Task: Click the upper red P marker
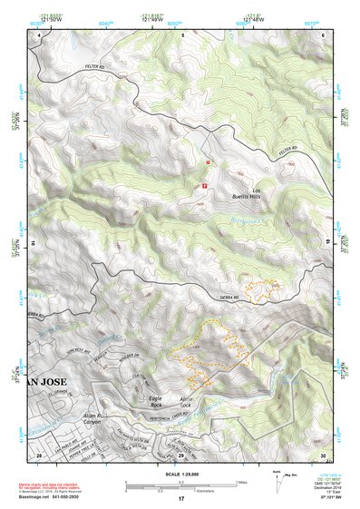tap(209, 162)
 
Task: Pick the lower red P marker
tap(204, 183)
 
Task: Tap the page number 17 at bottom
tap(181, 499)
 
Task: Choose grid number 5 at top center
tap(181, 34)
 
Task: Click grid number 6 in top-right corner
tap(324, 34)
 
